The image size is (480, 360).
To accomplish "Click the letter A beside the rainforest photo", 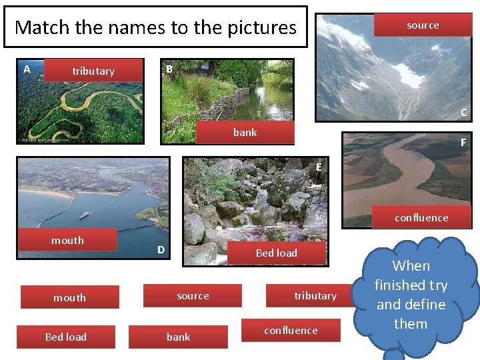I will click(27, 69).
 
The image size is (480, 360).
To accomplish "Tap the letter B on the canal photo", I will click(169, 69).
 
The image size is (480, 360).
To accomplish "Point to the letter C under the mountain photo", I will click(463, 113).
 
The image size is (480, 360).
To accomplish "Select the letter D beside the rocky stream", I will click(161, 250).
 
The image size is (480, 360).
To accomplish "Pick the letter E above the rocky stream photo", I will click(320, 167).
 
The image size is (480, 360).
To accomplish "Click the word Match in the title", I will click(41, 27).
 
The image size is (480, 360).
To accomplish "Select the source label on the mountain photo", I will click(423, 25).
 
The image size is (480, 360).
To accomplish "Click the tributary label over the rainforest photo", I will click(93, 71).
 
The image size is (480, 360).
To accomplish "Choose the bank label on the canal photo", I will click(245, 133).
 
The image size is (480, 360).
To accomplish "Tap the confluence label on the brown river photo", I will click(421, 217).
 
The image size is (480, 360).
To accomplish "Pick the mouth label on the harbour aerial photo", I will click(68, 240).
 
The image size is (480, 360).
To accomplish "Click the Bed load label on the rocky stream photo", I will click(276, 253).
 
